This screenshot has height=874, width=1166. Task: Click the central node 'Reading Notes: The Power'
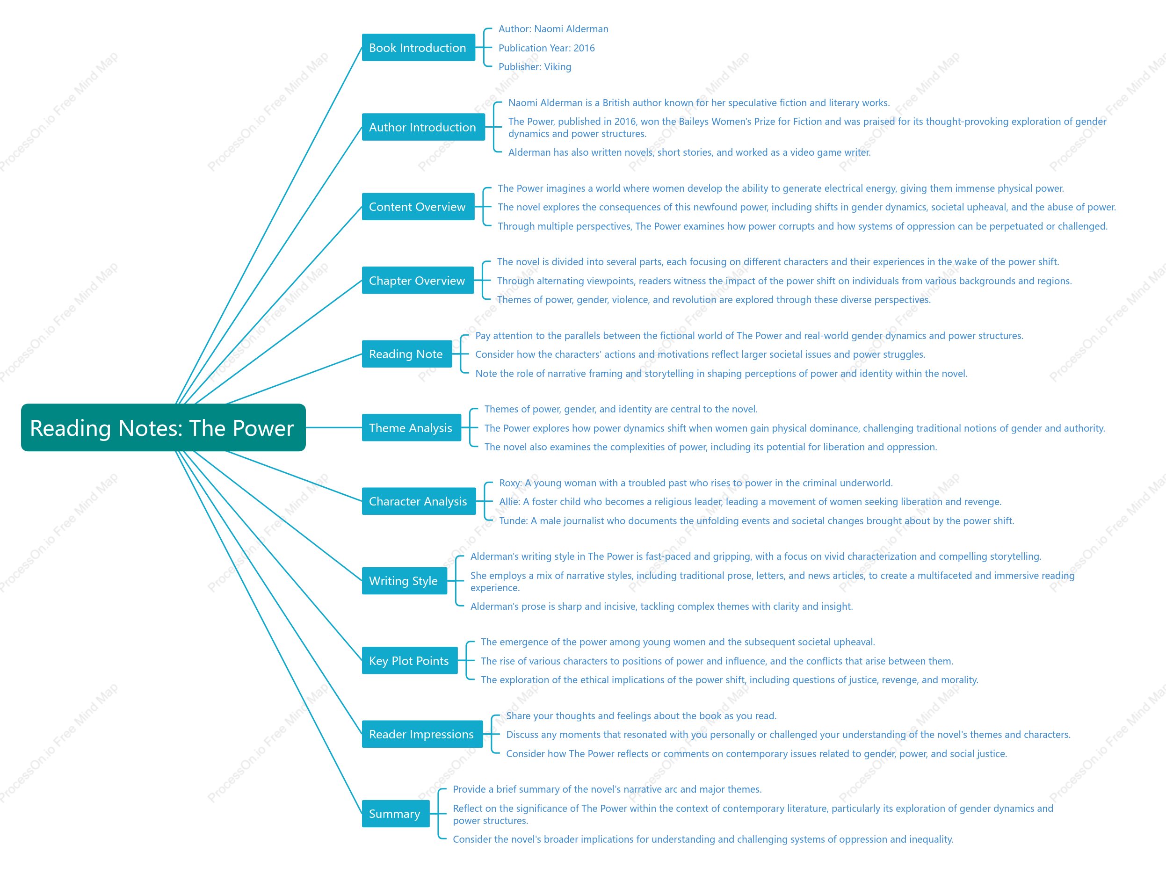163,427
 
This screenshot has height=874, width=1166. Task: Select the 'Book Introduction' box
418,47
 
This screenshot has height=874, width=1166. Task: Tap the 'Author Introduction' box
423,127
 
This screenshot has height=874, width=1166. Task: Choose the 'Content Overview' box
418,207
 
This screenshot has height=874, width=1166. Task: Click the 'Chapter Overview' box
418,281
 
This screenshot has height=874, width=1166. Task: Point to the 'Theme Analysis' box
411,427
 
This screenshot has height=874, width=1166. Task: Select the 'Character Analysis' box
419,501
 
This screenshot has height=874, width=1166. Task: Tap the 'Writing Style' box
404,581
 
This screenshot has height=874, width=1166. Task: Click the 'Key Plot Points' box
410,660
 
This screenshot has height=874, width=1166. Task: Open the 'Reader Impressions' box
422,734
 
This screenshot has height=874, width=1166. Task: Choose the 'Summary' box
395,814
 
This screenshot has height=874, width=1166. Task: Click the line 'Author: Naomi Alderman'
553,29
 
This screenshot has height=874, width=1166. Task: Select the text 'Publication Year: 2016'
547,48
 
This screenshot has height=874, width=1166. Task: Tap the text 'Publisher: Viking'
535,67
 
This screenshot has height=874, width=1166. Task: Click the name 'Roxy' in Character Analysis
510,484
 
